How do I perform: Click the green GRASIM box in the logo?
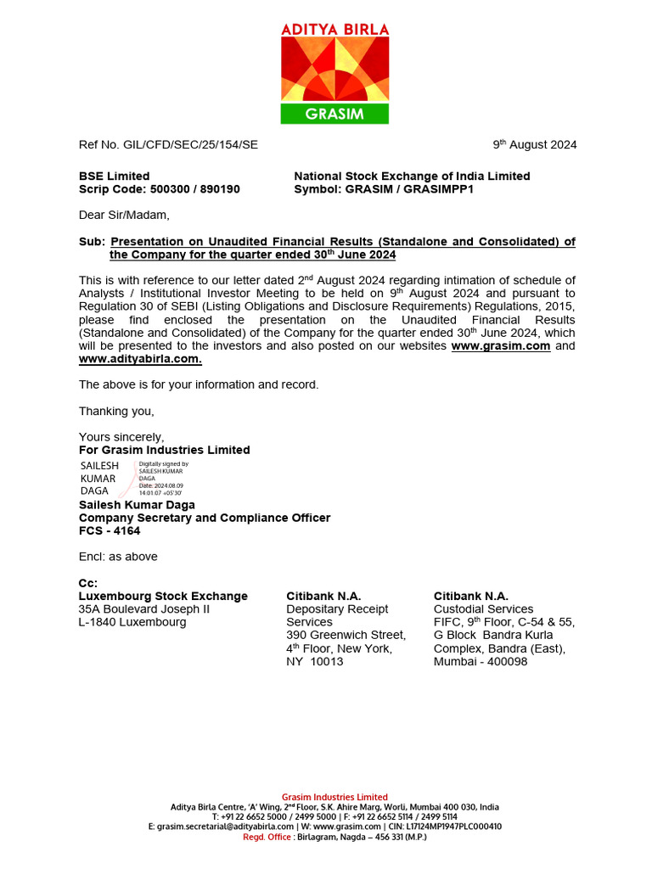tap(334, 114)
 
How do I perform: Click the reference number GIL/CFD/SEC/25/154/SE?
tap(168, 144)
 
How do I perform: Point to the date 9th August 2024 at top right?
tap(535, 144)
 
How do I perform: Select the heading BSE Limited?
tap(114, 176)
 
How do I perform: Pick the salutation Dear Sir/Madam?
tap(124, 214)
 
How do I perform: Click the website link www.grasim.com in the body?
tap(501, 346)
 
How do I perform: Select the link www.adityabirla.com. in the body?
tap(140, 359)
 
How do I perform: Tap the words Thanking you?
tap(116, 411)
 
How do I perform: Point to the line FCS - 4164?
tap(110, 530)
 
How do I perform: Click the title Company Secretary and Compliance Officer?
tap(205, 518)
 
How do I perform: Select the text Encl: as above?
tap(118, 557)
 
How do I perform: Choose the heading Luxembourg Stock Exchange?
tap(163, 597)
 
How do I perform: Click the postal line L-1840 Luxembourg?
tap(132, 622)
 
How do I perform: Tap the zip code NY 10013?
tap(315, 661)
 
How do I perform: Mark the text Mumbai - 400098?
tap(481, 661)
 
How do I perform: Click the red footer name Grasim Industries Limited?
tap(334, 797)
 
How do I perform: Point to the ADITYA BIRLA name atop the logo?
tap(334, 29)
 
